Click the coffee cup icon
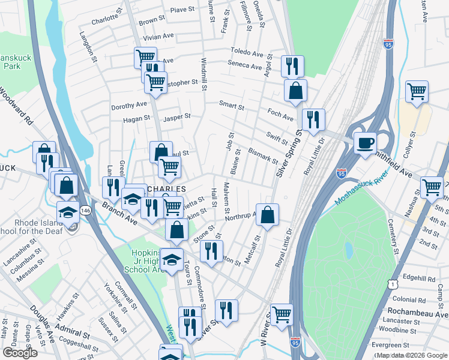tap(365, 143)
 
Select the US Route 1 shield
tap(392, 281)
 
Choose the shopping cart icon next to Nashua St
tap(432, 187)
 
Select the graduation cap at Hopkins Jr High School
tap(172, 259)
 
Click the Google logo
tap(20, 353)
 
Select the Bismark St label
tap(263, 157)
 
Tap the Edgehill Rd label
tap(419, 278)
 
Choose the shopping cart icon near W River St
tap(281, 314)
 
